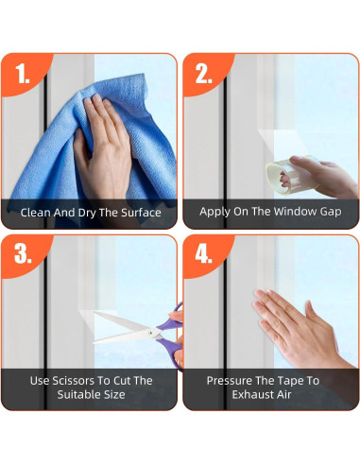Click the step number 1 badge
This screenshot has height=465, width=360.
pos(23,74)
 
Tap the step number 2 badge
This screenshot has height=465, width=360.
pos(203,74)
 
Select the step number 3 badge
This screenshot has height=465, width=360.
pos(23,254)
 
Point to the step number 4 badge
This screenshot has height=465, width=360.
pos(203,254)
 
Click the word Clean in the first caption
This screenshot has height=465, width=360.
pos(36,213)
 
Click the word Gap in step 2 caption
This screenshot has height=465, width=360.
pos(331,212)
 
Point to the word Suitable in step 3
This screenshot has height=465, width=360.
pos(76,394)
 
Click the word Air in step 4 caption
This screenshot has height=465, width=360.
pos(282,394)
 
